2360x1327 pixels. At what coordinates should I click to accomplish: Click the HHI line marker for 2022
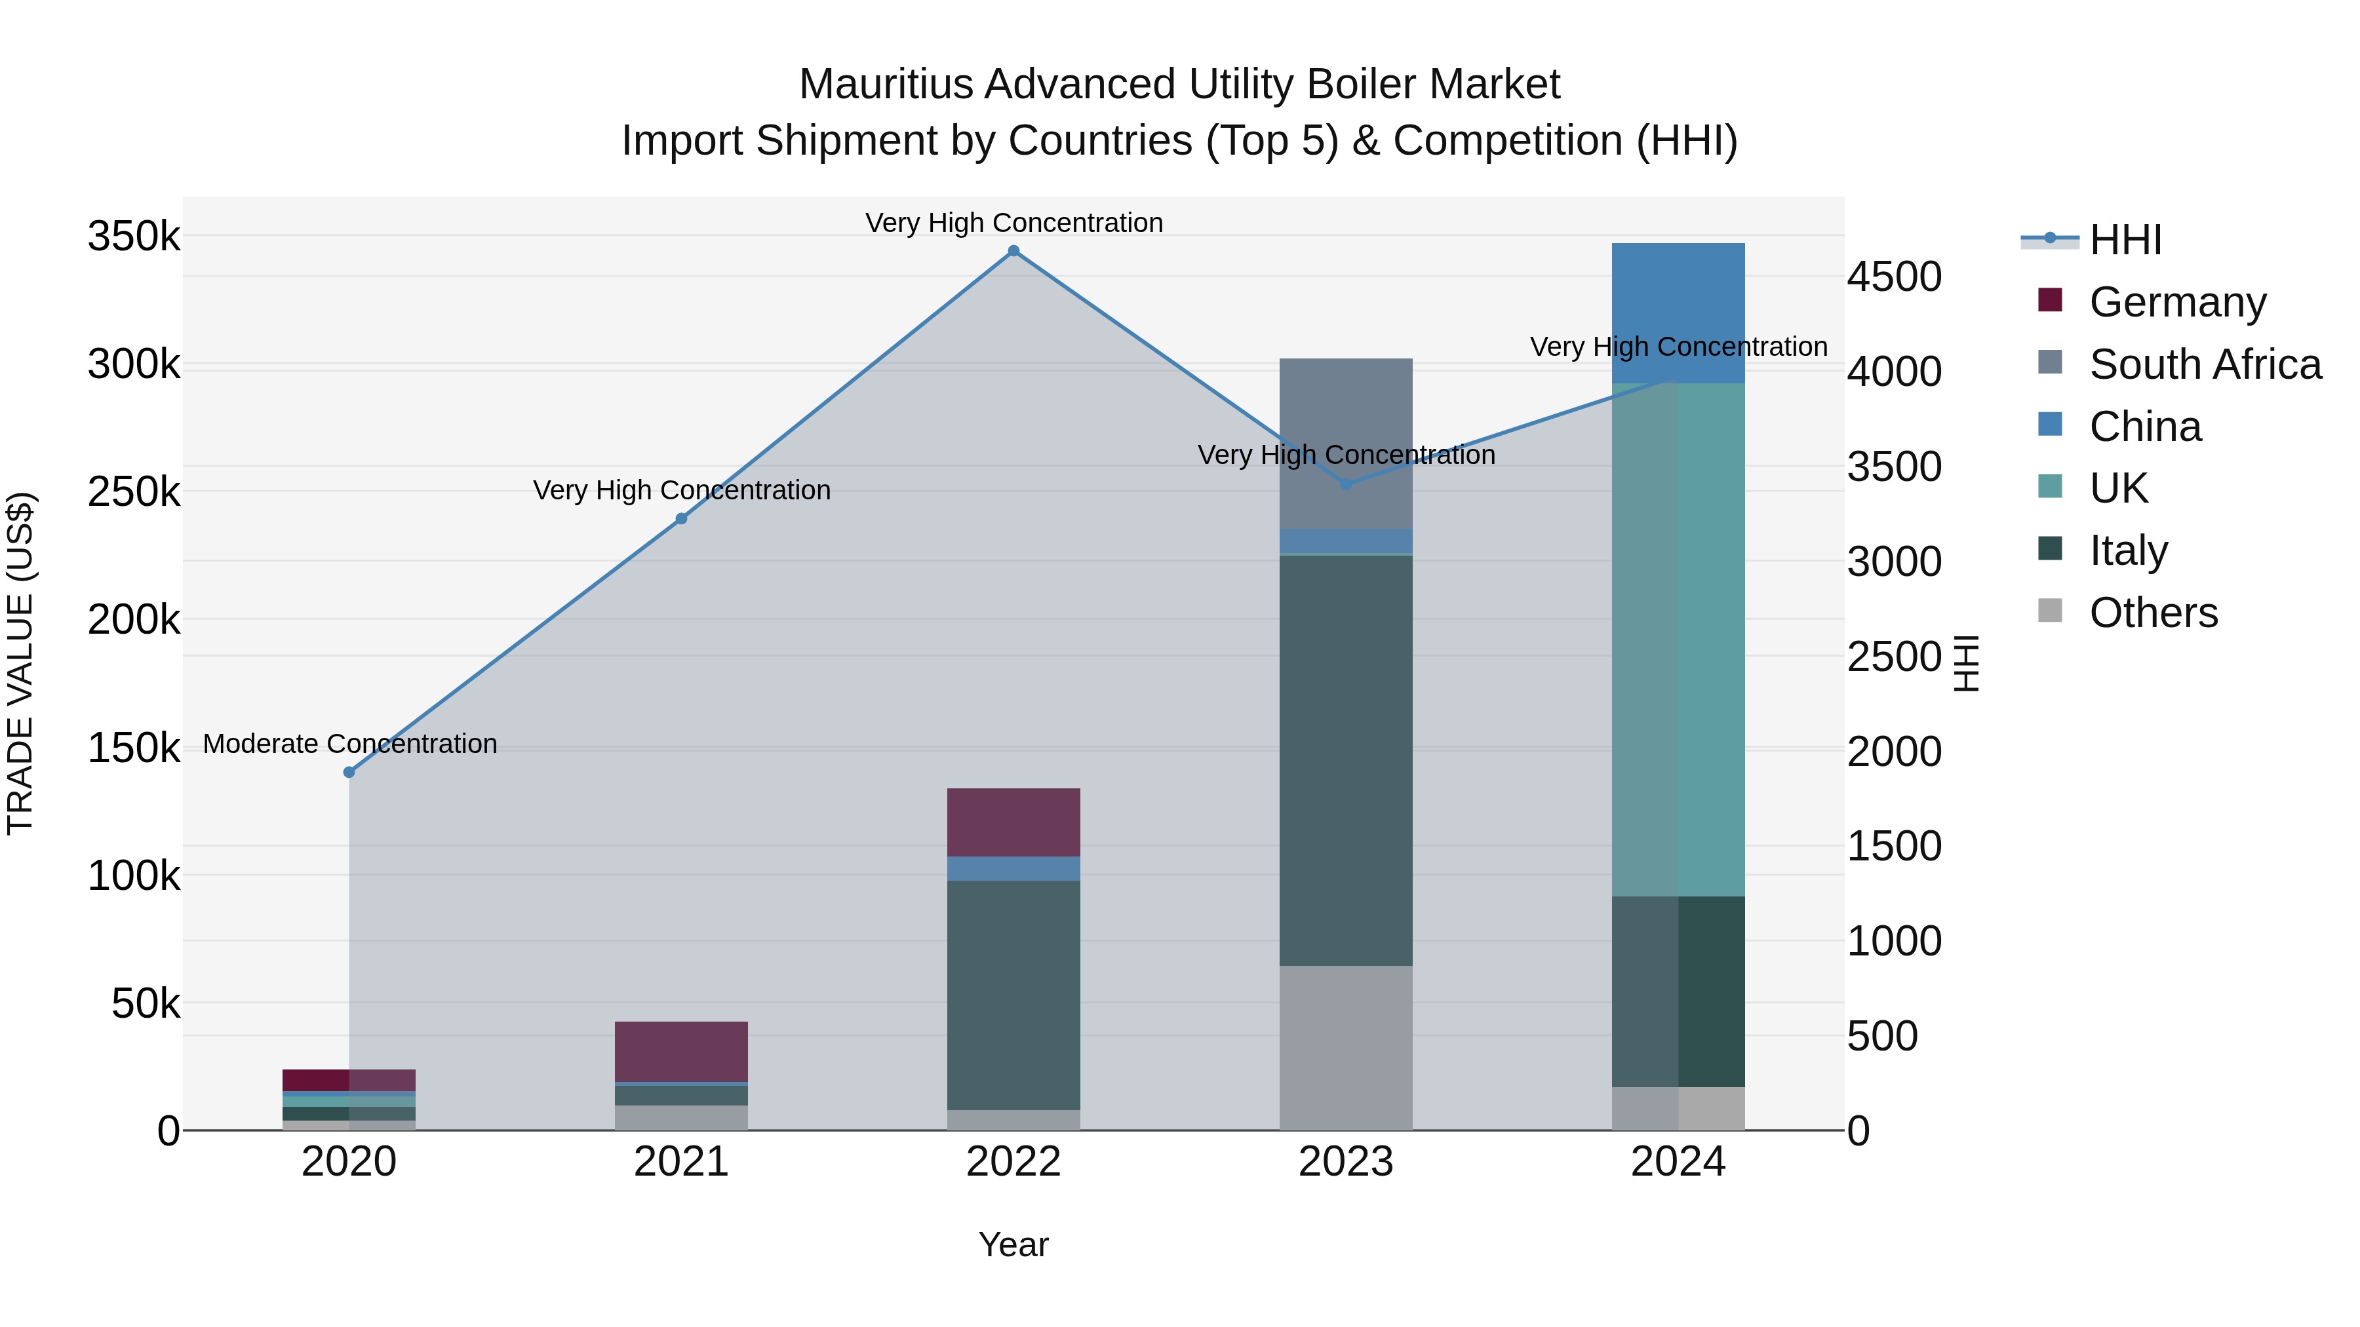point(1013,251)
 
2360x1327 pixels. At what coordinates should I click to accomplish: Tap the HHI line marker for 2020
point(349,772)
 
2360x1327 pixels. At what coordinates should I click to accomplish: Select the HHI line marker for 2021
point(680,518)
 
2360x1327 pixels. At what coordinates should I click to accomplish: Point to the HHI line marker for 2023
point(1346,484)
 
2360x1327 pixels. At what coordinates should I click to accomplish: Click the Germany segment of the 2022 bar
point(1013,822)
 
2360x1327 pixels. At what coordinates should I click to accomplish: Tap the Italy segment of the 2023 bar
point(1346,760)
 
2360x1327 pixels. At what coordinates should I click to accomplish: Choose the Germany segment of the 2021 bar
point(680,1050)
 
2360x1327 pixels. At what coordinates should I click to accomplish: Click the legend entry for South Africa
point(2204,364)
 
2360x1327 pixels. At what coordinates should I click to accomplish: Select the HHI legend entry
point(2125,240)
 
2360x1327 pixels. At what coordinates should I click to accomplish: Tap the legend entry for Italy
point(2127,550)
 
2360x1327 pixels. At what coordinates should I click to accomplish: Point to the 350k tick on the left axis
point(134,237)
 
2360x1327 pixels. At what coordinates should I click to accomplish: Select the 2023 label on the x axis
point(1346,1162)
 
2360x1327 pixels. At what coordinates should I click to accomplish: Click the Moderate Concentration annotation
point(350,744)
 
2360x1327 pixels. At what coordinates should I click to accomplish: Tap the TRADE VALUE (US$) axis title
point(20,663)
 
